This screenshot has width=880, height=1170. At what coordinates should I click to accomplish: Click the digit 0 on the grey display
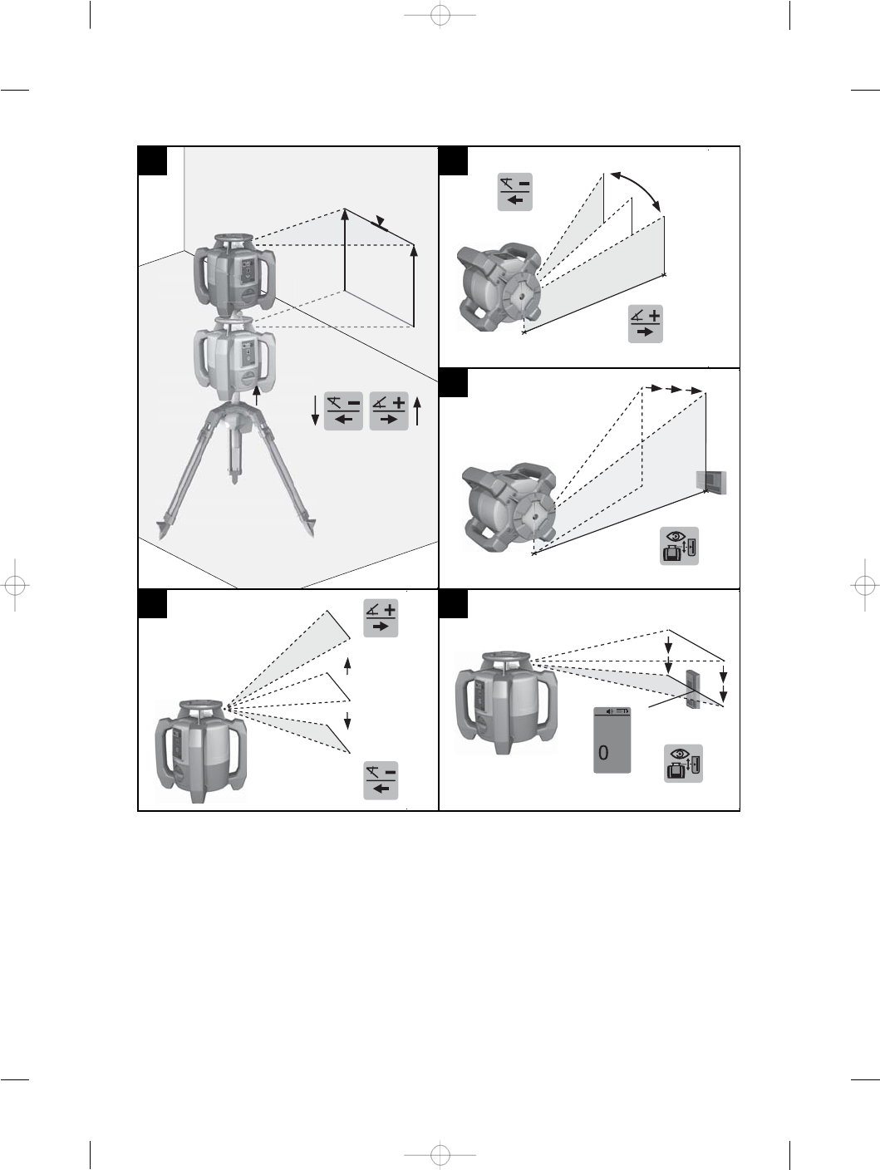[x=603, y=753]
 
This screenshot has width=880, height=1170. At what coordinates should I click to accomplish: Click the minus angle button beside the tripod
[x=343, y=410]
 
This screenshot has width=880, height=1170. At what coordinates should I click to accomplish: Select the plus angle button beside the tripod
[x=389, y=410]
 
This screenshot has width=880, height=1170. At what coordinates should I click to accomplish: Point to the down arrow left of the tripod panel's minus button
[x=315, y=410]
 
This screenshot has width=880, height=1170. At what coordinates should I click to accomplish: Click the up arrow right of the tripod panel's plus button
[x=417, y=410]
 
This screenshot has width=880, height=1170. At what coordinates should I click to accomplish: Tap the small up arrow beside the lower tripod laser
[x=257, y=396]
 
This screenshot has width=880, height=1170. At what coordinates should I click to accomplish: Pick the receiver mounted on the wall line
[x=711, y=483]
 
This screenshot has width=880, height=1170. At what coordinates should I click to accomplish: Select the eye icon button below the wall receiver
[x=679, y=546]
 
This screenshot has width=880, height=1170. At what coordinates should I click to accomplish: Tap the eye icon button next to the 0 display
[x=683, y=764]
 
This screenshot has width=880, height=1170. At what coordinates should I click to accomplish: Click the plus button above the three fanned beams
[x=381, y=617]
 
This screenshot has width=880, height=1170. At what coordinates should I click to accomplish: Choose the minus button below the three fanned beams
[x=381, y=780]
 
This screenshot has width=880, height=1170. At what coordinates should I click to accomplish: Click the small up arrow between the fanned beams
[x=347, y=666]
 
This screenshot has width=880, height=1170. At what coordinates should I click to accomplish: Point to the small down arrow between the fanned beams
[x=347, y=720]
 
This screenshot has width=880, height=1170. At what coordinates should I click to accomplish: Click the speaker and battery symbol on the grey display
[x=618, y=711]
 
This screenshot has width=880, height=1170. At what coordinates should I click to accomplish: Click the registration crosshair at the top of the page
[x=440, y=16]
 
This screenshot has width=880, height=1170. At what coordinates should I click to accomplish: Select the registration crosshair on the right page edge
[x=864, y=585]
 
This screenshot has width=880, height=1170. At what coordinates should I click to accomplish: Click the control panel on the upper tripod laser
[x=247, y=272]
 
